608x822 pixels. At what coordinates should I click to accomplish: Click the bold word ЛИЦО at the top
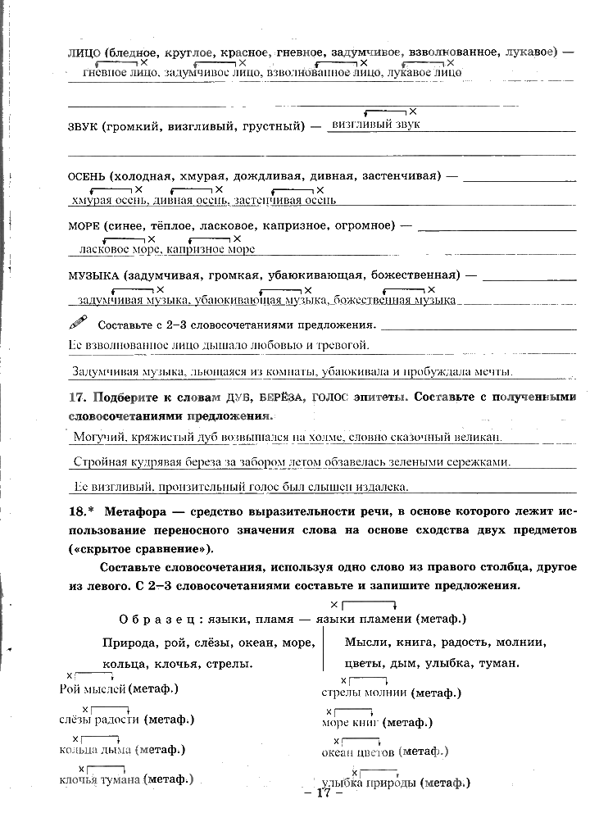83,52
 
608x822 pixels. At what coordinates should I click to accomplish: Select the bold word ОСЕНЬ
87,176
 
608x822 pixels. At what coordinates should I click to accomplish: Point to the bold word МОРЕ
84,225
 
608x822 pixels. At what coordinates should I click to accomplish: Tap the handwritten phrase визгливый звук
373,124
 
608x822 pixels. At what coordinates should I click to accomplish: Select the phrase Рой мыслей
93,689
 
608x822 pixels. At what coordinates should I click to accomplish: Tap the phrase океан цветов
360,752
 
